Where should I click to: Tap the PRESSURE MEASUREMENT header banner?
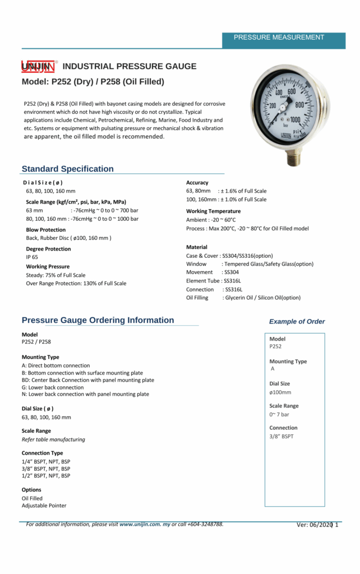279,38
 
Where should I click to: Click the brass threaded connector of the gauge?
293,158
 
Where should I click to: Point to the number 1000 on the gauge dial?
295,119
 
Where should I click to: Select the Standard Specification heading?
67,169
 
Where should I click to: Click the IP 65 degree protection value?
32,257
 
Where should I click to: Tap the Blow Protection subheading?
45,230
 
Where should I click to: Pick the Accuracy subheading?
197,183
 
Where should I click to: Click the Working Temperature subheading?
213,211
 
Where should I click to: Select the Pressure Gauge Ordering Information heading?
98,321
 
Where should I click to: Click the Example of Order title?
297,322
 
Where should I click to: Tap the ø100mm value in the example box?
280,392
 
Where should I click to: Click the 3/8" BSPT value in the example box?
281,436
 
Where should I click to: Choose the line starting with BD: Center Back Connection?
88,380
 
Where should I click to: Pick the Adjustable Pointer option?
44,506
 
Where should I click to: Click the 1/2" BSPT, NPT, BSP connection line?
46,476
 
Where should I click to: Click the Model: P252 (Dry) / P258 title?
93,82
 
